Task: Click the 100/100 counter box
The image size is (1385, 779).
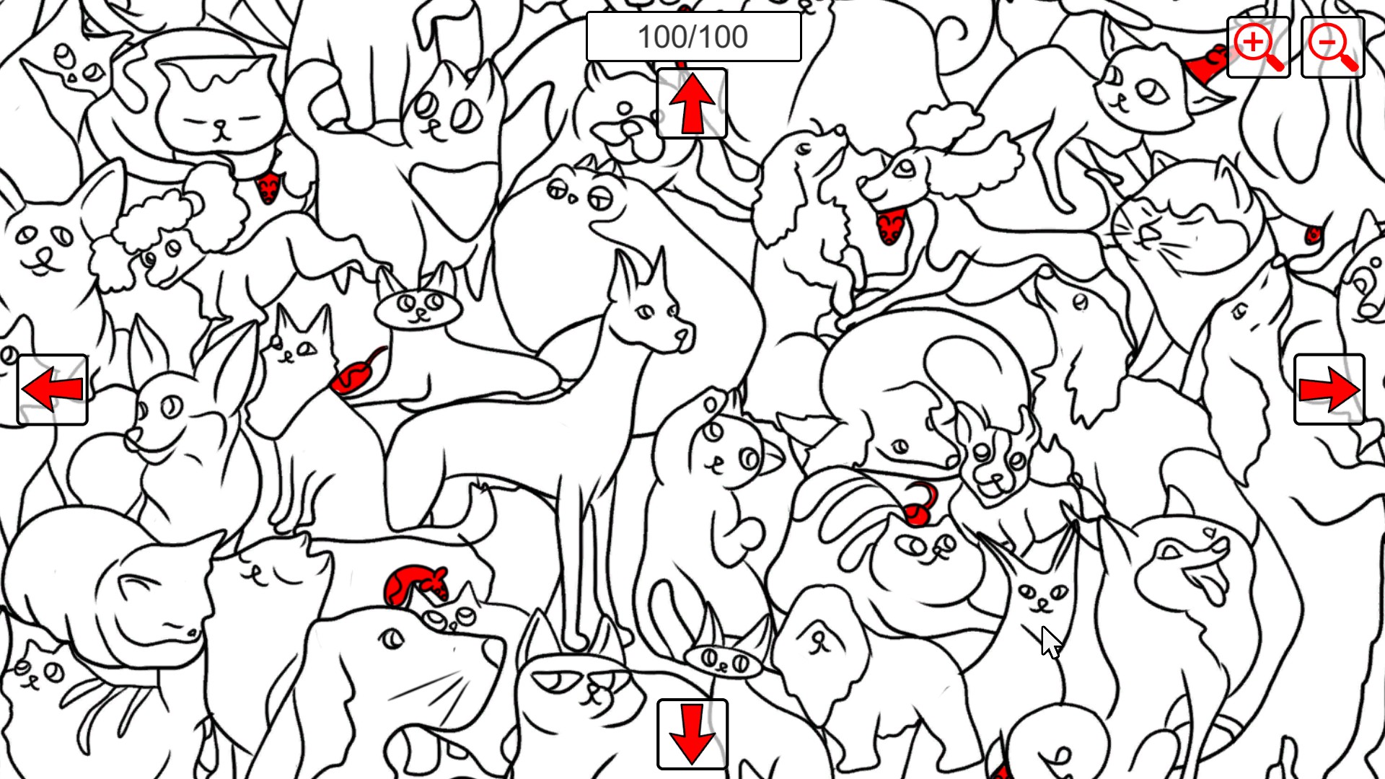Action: (693, 37)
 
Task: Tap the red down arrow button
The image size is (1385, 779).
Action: (692, 734)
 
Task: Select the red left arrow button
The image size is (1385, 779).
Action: (53, 389)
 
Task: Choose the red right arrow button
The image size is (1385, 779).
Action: (1329, 389)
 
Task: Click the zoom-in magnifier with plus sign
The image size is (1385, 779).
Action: (1258, 48)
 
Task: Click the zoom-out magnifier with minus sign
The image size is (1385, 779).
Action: (1332, 48)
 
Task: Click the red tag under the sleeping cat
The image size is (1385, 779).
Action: (268, 188)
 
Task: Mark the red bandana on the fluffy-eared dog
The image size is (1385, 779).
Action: (889, 226)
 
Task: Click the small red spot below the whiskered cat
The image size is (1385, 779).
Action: (1314, 235)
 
